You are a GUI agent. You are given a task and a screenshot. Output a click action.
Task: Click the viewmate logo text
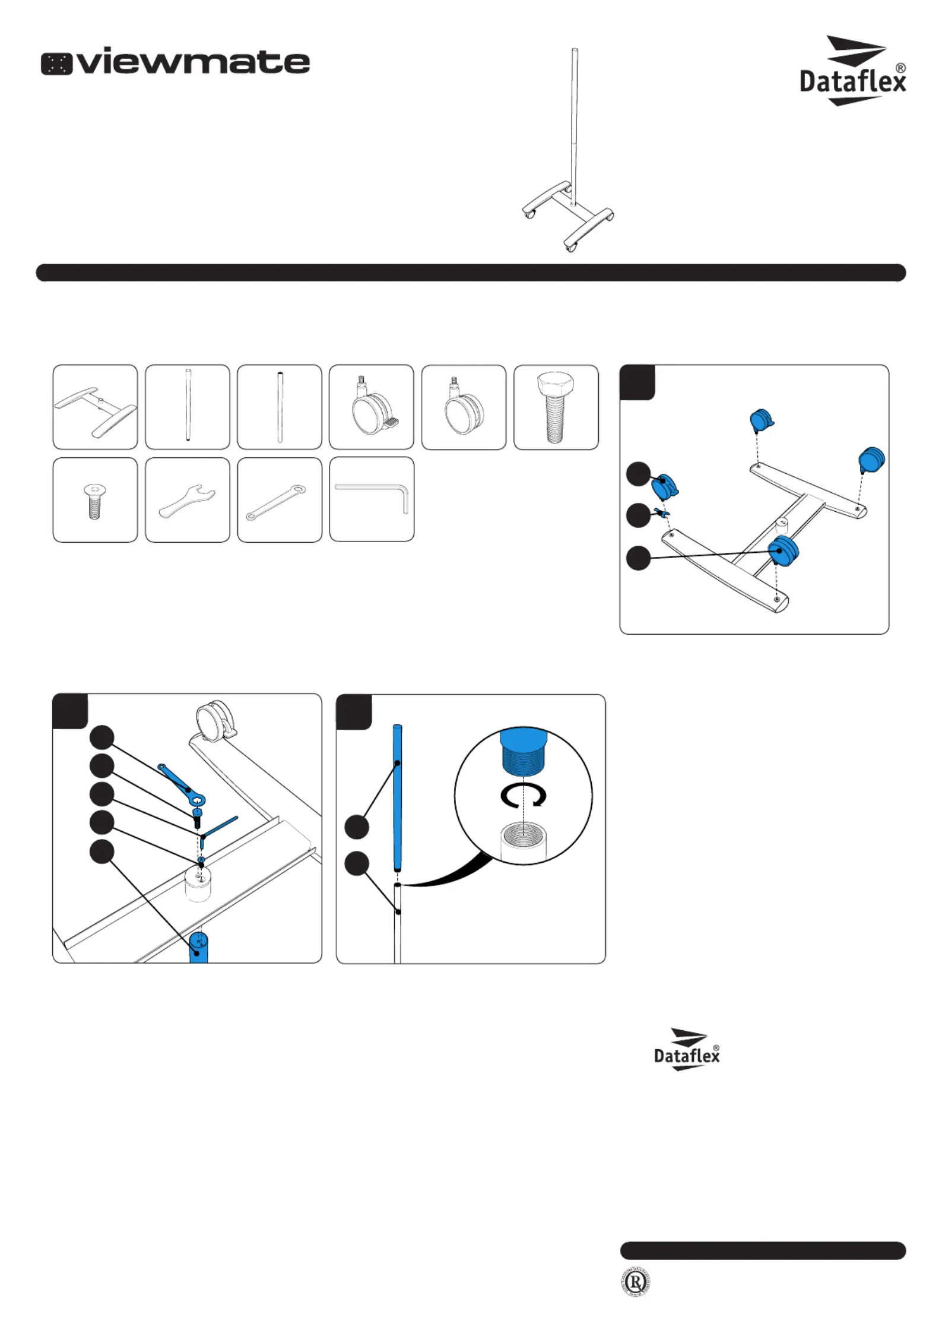pos(176,61)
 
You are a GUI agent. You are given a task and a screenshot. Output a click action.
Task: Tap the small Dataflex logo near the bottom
pos(687,1050)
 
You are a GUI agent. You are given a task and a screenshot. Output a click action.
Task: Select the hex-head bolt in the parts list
pos(556,407)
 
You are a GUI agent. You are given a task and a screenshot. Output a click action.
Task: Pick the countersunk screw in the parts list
pos(94,501)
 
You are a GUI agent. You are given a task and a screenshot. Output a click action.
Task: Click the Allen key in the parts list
pos(372,498)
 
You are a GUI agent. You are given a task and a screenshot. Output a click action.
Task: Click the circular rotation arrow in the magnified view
pos(523,796)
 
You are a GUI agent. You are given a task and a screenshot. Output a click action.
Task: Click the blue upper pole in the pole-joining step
pos(397,796)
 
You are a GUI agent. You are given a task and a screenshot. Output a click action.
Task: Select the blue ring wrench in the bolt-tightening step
pos(182,783)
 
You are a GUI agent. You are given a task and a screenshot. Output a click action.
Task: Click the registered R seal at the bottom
pos(635,1283)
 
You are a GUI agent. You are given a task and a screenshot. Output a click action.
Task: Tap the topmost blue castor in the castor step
pos(761,420)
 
